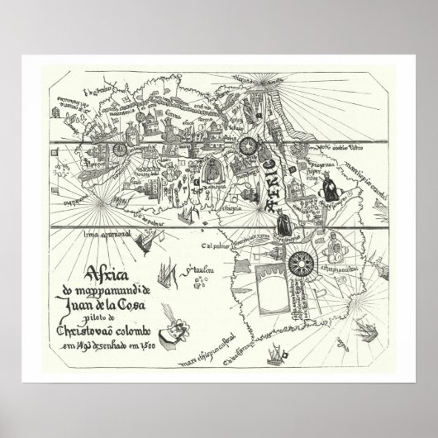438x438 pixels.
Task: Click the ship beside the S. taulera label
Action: (x=169, y=270)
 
